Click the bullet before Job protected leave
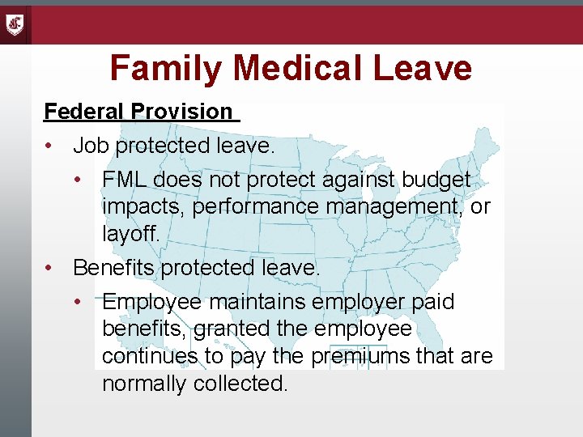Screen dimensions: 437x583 click(x=49, y=146)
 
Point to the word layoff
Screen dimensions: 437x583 click(x=131, y=235)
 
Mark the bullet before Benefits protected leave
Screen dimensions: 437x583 click(x=49, y=267)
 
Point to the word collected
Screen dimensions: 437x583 click(x=240, y=384)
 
